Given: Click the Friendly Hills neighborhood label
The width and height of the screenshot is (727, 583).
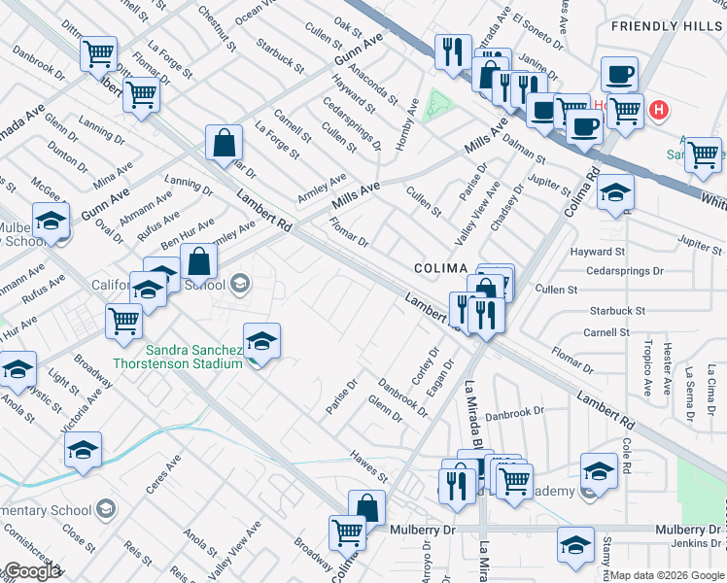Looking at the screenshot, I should [x=668, y=25].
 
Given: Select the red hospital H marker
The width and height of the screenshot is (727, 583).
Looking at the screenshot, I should [x=659, y=110].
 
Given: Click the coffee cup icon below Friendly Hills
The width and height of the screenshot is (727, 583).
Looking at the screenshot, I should [x=618, y=74].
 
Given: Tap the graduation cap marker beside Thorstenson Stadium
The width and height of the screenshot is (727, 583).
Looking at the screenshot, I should [x=261, y=342].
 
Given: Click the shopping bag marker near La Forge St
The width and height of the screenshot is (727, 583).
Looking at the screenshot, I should [x=224, y=144].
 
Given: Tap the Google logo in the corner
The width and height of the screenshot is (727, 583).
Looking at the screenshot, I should [x=31, y=571].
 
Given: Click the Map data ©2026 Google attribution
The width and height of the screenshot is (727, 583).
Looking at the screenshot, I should [x=668, y=575].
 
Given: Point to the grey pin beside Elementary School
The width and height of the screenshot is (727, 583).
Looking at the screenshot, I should [x=106, y=509].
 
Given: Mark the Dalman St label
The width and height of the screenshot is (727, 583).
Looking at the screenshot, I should [x=531, y=146].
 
